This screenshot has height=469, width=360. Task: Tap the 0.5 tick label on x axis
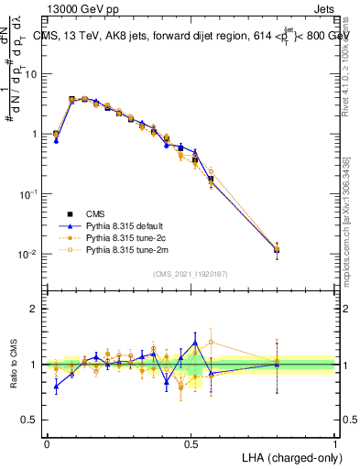point(191,443)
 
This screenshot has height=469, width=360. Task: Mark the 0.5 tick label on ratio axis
point(31,420)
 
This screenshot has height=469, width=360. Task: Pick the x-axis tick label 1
point(335,443)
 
